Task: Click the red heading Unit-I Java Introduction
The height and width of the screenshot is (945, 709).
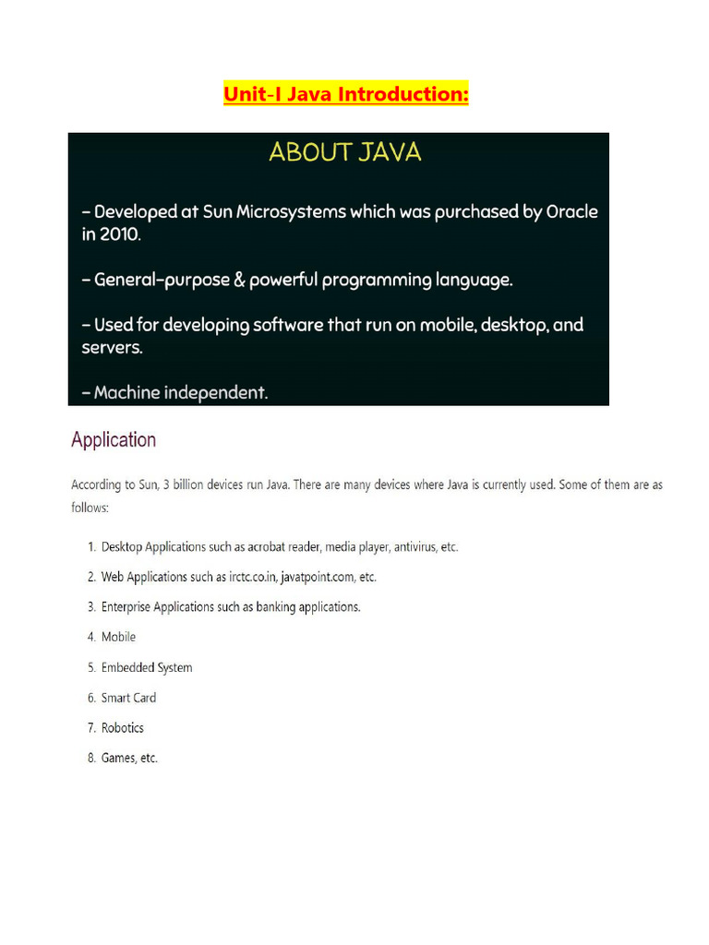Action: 345,95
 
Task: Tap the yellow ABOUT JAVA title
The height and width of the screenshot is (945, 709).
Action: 344,152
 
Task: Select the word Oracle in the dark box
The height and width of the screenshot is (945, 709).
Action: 571,211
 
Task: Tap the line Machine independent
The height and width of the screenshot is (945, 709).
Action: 174,392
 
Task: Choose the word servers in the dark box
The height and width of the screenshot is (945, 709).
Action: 112,348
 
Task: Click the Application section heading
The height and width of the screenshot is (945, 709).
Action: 114,439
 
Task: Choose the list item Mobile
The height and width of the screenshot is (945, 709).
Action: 118,637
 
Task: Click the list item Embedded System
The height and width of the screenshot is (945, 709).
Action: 147,667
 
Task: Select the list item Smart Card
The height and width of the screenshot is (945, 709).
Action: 128,698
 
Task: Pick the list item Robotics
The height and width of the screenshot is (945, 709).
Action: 123,727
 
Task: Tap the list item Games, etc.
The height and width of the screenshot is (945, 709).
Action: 129,758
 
